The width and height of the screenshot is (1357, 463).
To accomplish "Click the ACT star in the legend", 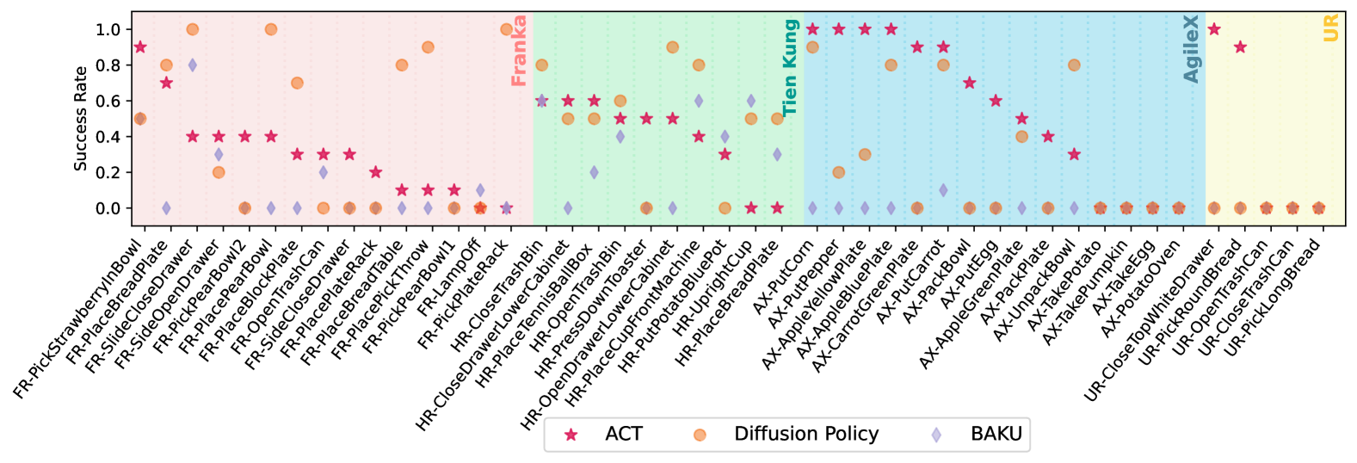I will (571, 435).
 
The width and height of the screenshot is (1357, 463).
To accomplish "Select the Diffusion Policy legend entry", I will (700, 435).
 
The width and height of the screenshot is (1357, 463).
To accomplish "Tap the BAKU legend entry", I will (936, 435).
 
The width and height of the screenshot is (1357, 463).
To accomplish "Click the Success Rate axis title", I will (81, 119).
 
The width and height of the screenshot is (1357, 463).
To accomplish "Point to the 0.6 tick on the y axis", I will (108, 101).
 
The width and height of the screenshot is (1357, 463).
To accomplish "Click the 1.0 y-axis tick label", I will (108, 29).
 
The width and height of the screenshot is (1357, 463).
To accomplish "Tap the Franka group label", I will (519, 51).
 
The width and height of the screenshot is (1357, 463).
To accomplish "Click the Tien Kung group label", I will (790, 68).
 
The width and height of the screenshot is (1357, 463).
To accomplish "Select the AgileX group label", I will (1191, 49).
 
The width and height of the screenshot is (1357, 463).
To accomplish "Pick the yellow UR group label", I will (1330, 28).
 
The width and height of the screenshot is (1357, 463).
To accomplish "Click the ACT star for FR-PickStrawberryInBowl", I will (140, 47).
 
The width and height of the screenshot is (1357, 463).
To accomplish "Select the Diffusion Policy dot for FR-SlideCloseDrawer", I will (193, 29).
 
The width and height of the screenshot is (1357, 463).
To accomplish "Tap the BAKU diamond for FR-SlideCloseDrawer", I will (193, 65).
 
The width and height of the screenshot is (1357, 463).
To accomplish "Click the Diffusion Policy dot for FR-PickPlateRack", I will (506, 29).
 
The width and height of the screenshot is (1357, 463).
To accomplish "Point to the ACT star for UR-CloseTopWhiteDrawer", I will (1214, 29).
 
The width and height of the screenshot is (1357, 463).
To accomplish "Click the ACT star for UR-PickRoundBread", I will (1240, 47).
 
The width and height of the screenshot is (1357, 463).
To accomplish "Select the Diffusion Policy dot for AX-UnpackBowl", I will (1074, 65).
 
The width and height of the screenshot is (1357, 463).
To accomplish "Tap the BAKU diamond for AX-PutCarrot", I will (943, 190).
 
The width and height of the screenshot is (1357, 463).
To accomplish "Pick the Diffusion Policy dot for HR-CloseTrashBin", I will (541, 65).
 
